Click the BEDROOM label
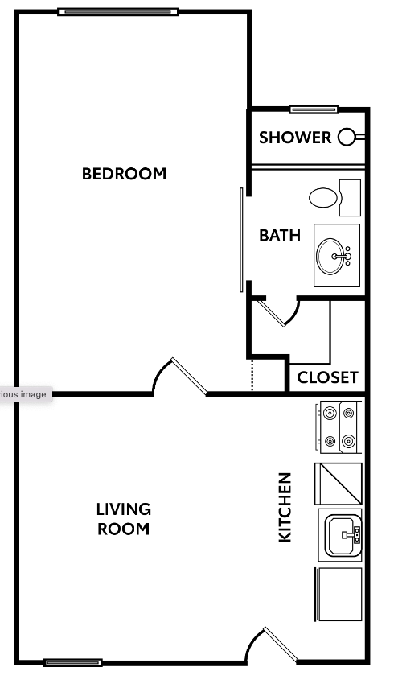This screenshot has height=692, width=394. coord(124,173)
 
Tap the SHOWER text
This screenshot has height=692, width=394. coord(295,138)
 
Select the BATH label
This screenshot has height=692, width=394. coord(280,236)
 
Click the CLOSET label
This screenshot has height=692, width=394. coord(327,377)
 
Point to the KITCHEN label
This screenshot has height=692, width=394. coord(285,507)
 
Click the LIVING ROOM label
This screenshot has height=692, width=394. coord(124,519)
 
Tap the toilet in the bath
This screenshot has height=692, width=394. coord(325,197)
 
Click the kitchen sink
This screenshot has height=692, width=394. coord(340,533)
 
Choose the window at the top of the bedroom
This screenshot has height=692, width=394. coord(117,11)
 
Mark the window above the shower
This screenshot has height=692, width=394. coord(314,109)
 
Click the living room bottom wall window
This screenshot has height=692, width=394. coord(73,662)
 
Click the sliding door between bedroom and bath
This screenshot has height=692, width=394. coord(240,239)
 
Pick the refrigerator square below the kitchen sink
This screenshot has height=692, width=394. coord(338,594)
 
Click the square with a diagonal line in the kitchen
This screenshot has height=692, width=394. coord(338,483)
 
